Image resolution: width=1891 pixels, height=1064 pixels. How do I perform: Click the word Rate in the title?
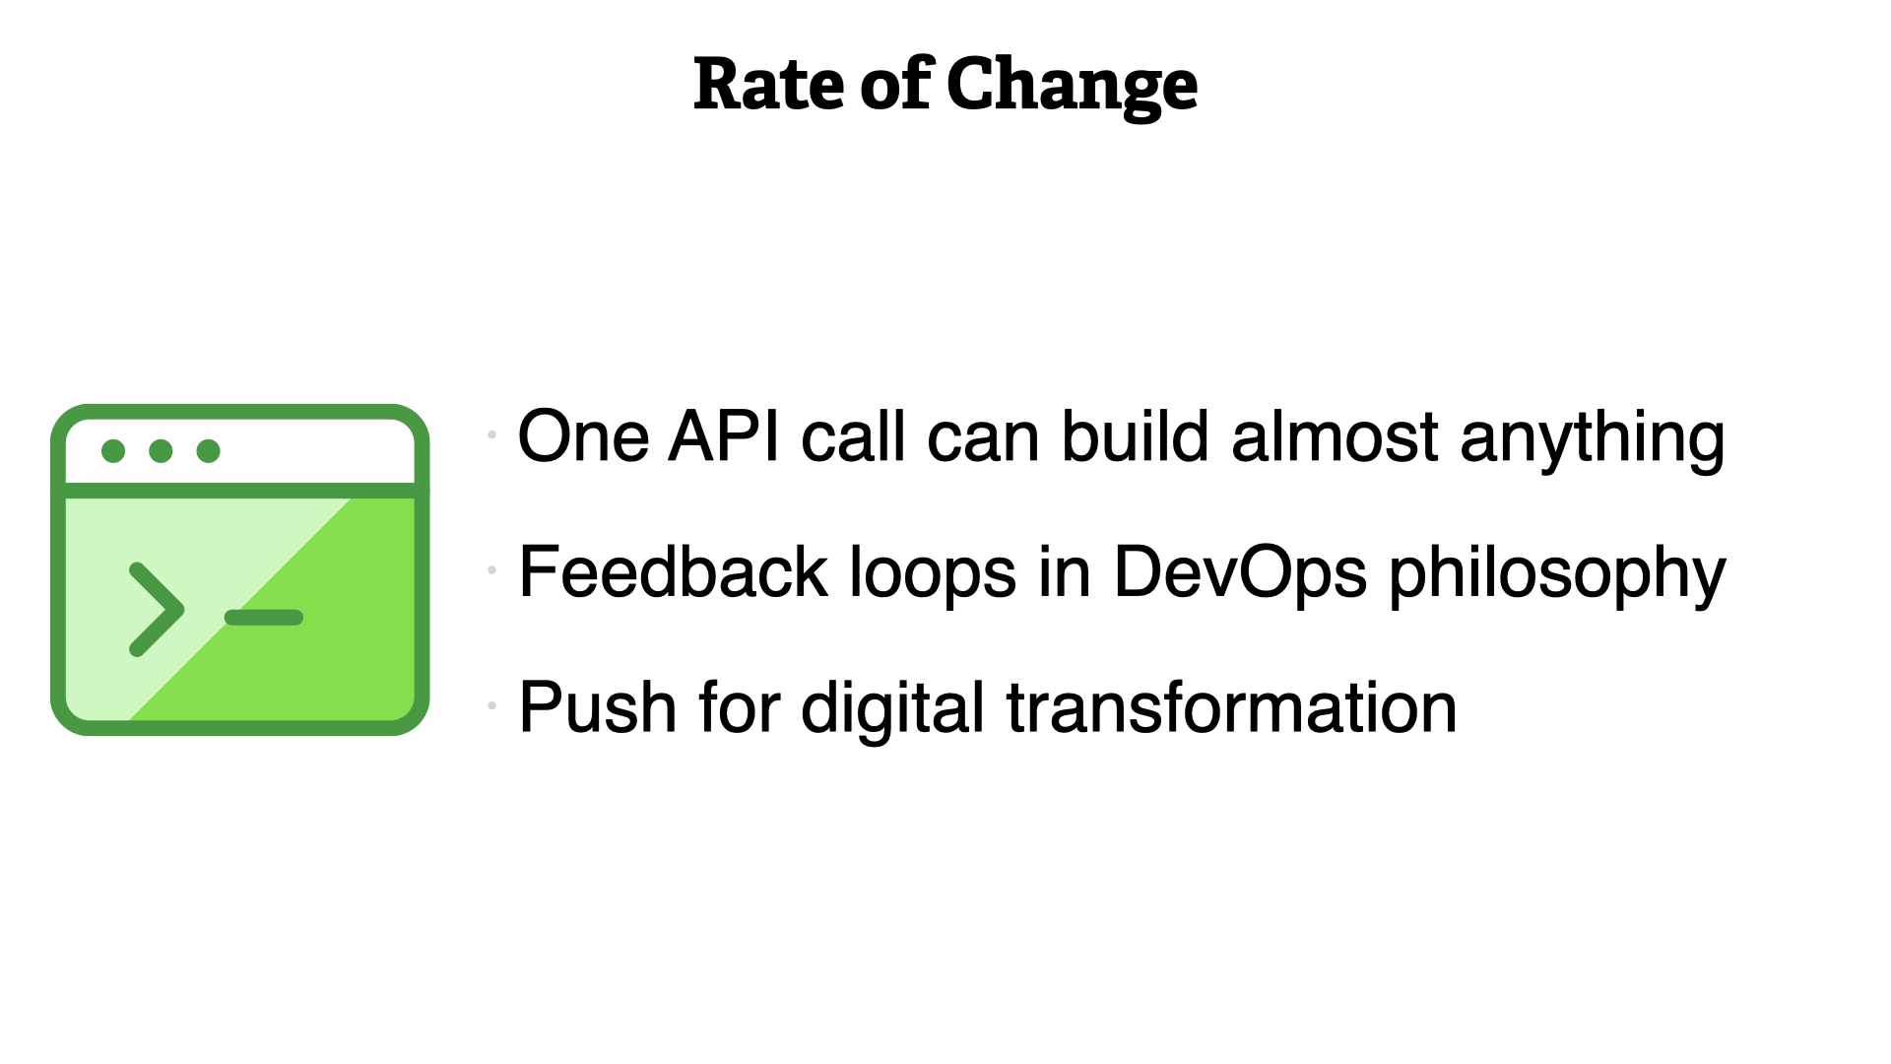pos(768,85)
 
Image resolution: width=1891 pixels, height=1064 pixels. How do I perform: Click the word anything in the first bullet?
pos(1592,440)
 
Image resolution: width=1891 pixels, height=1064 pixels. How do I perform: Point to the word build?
pos(1135,435)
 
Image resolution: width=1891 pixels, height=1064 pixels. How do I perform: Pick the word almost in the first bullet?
pos(1335,435)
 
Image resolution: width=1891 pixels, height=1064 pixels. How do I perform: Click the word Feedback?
pos(674,571)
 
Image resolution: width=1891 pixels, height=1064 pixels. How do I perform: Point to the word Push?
pos(598,707)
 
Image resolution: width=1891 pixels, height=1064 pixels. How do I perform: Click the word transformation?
pos(1231,707)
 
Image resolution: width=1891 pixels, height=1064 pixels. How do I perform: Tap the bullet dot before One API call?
pos(491,433)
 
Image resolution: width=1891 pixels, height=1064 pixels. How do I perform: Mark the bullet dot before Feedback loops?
pos(491,569)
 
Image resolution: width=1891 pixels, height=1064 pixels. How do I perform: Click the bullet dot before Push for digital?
pos(491,705)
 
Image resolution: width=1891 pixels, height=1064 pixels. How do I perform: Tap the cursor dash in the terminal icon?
pos(264,618)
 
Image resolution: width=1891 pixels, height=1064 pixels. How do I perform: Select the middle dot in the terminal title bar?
pos(161,451)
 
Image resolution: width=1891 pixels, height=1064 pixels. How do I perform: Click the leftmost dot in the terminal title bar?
pos(113,451)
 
